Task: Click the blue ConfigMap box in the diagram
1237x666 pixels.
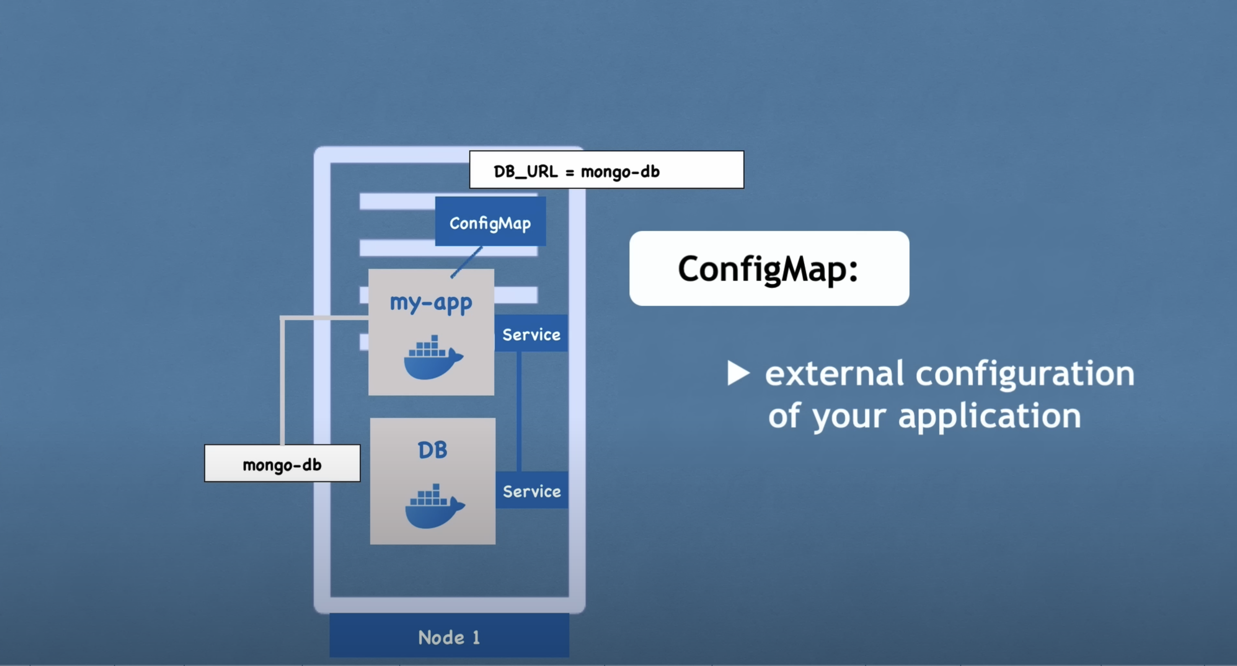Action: click(x=490, y=222)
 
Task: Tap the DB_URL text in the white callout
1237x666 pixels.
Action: click(x=525, y=171)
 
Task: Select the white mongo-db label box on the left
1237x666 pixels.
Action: click(x=282, y=463)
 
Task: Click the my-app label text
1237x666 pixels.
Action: click(x=431, y=303)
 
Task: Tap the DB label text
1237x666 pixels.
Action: click(x=432, y=450)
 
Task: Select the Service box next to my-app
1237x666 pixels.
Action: click(x=531, y=334)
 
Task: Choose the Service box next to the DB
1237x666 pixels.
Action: click(x=531, y=491)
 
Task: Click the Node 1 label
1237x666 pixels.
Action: click(x=448, y=637)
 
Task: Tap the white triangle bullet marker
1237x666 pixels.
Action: click(x=737, y=373)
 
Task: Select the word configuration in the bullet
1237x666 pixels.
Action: click(x=1024, y=374)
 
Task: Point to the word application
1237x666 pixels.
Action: click(x=989, y=416)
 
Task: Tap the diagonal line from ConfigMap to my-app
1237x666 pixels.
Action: click(x=466, y=262)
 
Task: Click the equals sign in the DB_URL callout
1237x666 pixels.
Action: click(x=569, y=172)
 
